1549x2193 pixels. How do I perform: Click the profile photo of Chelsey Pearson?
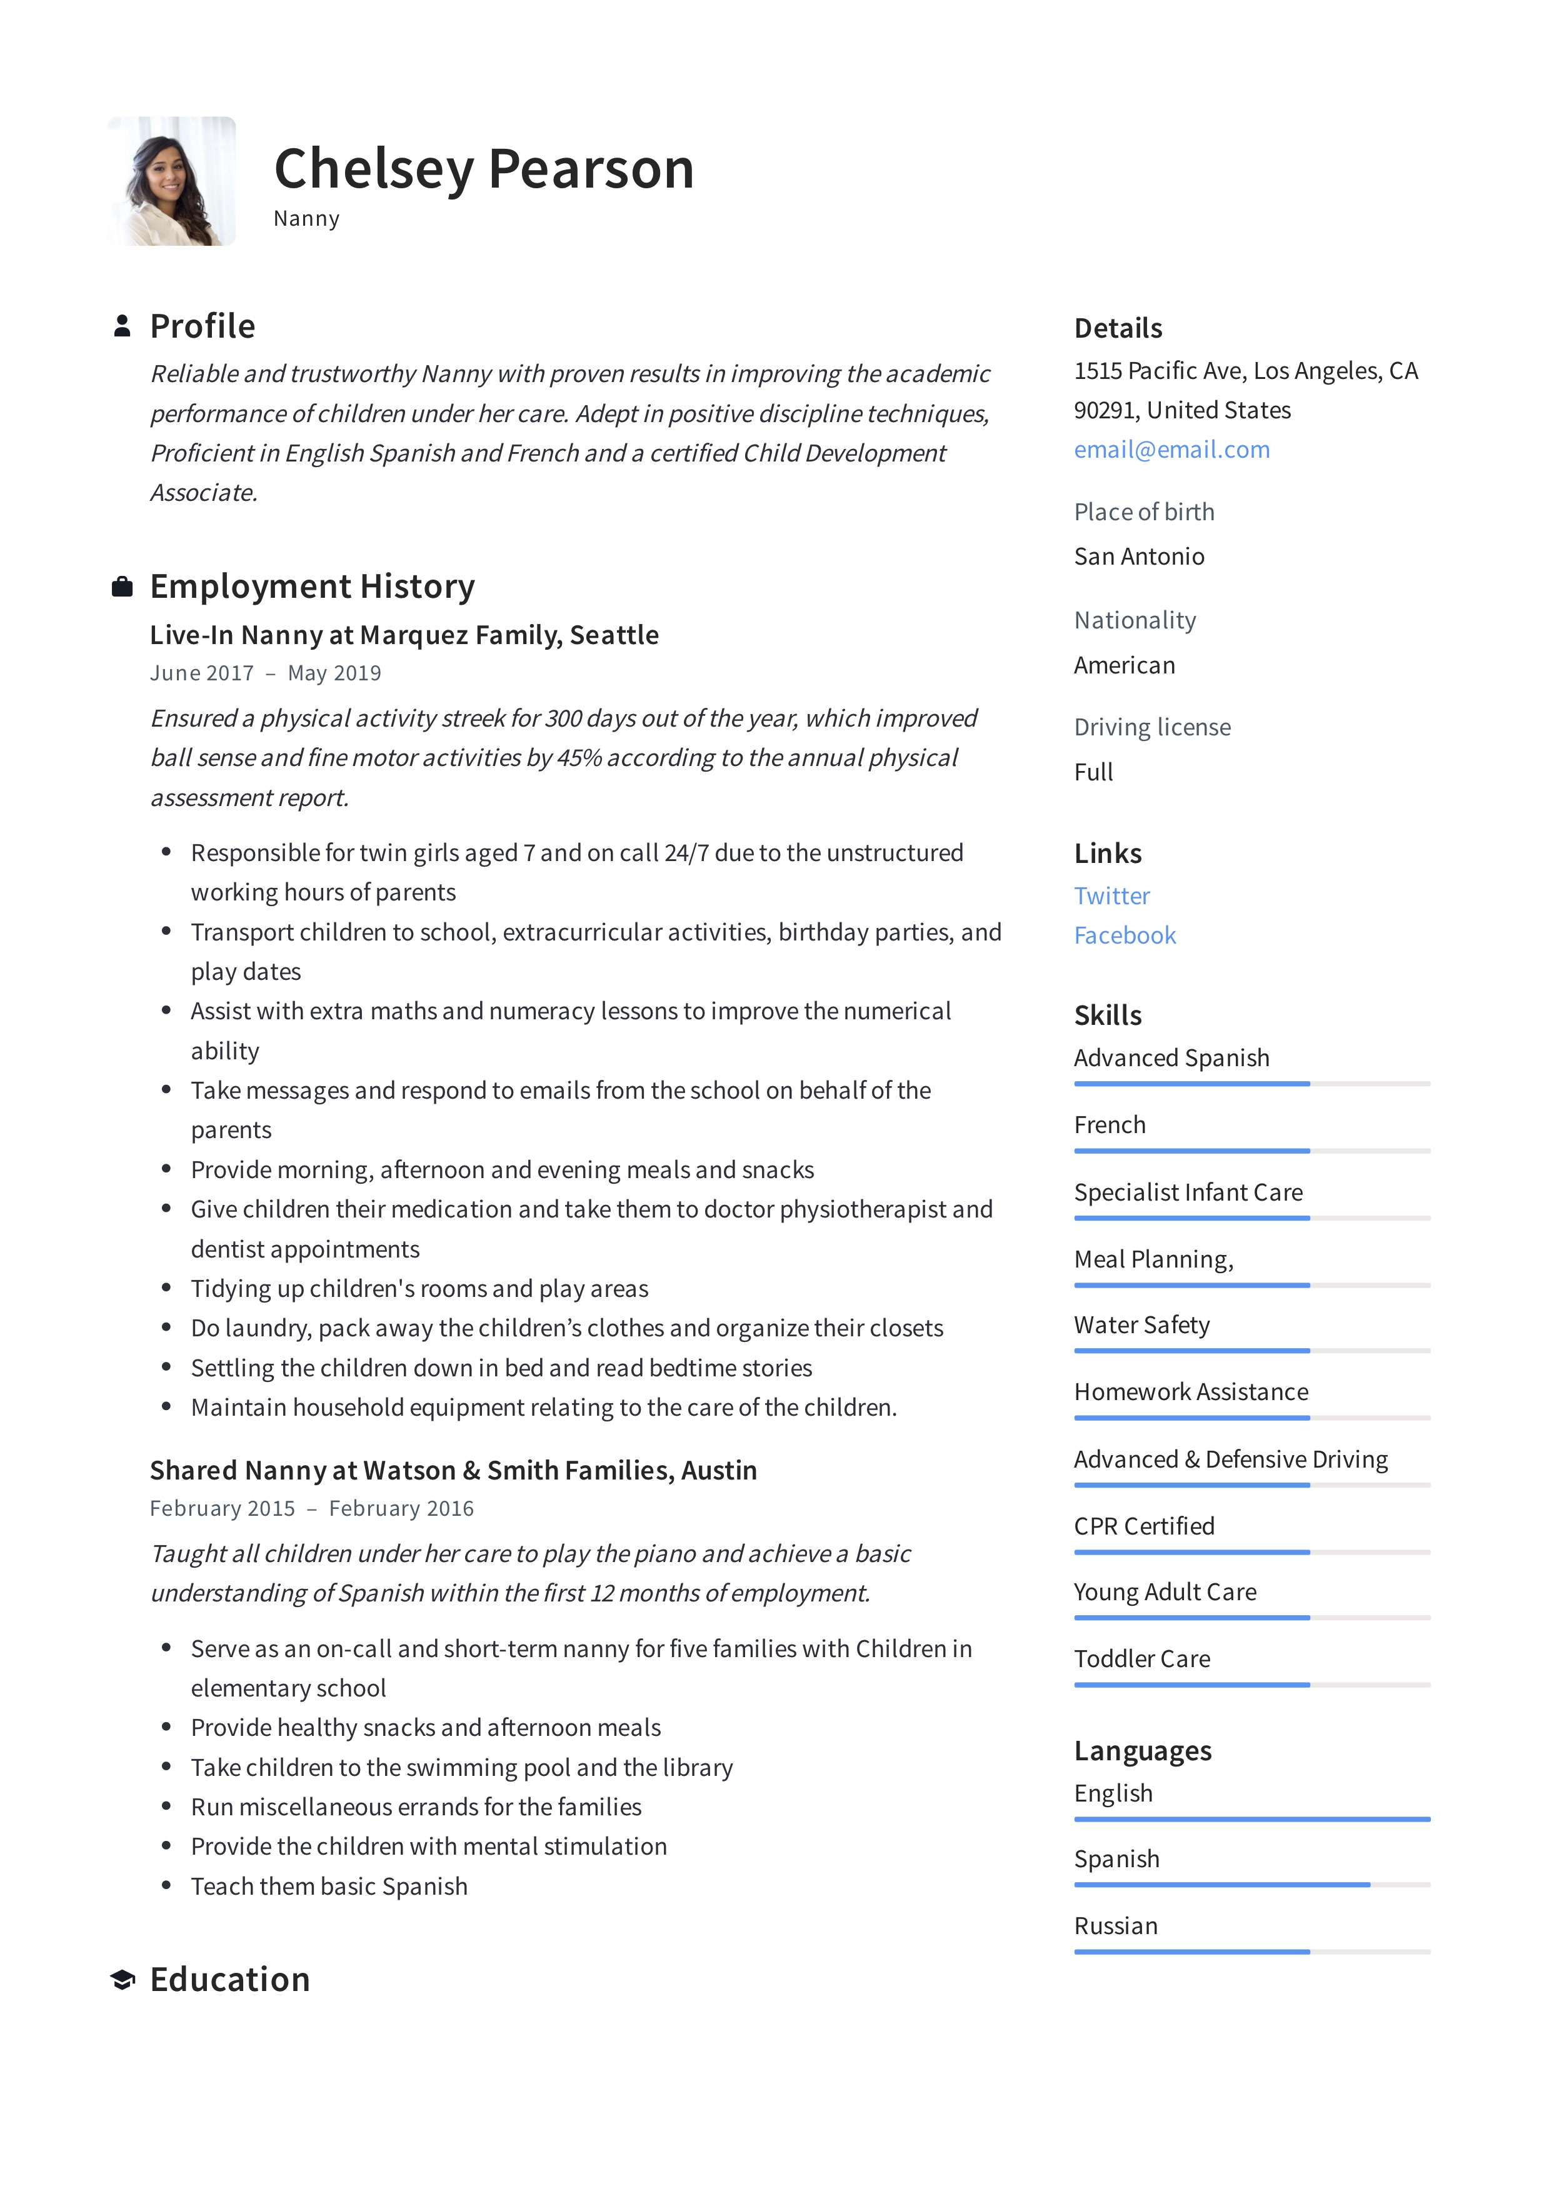tap(172, 181)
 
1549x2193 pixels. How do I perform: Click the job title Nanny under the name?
tap(306, 219)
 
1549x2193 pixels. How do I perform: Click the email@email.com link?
tap(1172, 450)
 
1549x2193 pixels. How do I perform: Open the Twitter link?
tap(1111, 896)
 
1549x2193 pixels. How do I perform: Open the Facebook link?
tap(1124, 936)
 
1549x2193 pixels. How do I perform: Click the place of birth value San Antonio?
tap(1138, 557)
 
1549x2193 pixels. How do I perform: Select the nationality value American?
tap(1124, 666)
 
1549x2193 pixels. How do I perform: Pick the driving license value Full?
tap(1093, 773)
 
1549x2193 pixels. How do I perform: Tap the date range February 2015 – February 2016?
tap(311, 1509)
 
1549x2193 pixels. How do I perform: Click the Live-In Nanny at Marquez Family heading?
tap(404, 635)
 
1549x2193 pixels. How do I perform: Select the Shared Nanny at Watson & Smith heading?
tap(453, 1471)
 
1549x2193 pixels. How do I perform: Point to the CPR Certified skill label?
tap(1144, 1526)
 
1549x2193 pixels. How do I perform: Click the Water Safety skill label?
tap(1141, 1326)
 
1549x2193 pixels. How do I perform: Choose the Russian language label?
tap(1115, 1927)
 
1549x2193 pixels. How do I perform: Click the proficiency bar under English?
tap(1251, 1820)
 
